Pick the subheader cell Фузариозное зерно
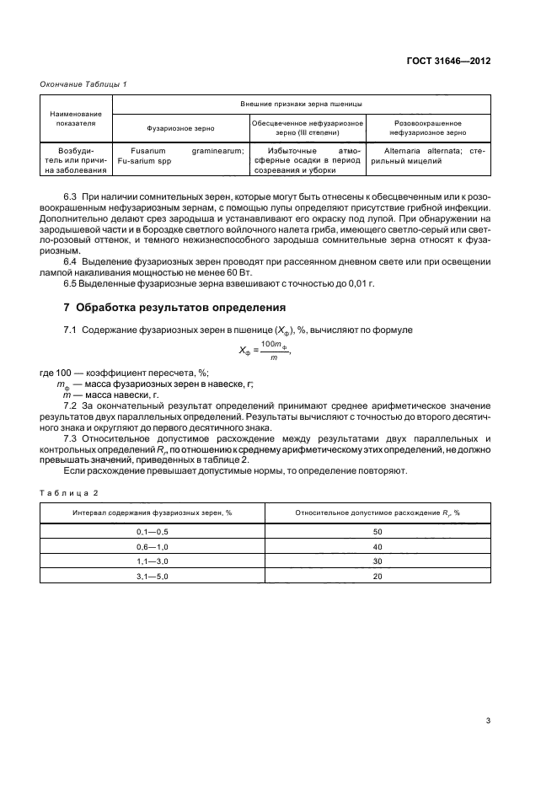[x=180, y=129]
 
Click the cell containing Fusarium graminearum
[x=180, y=157]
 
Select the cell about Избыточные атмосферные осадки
[x=308, y=157]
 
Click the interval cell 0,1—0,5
[x=153, y=533]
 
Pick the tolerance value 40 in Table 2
[x=377, y=546]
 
